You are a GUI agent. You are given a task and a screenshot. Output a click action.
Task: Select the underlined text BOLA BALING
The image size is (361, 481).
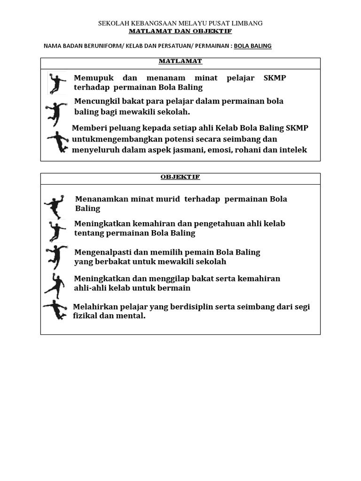click(252, 46)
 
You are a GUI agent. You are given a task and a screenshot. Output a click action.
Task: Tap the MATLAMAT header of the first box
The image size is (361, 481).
click(180, 62)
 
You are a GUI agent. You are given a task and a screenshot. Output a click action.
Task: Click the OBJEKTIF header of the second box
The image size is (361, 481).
click(180, 177)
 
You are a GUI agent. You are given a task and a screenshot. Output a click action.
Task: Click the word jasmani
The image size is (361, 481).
click(188, 150)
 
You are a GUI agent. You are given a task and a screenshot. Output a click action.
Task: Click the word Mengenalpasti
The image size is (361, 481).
click(100, 252)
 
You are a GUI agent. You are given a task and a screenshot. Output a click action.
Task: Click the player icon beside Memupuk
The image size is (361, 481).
click(57, 83)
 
